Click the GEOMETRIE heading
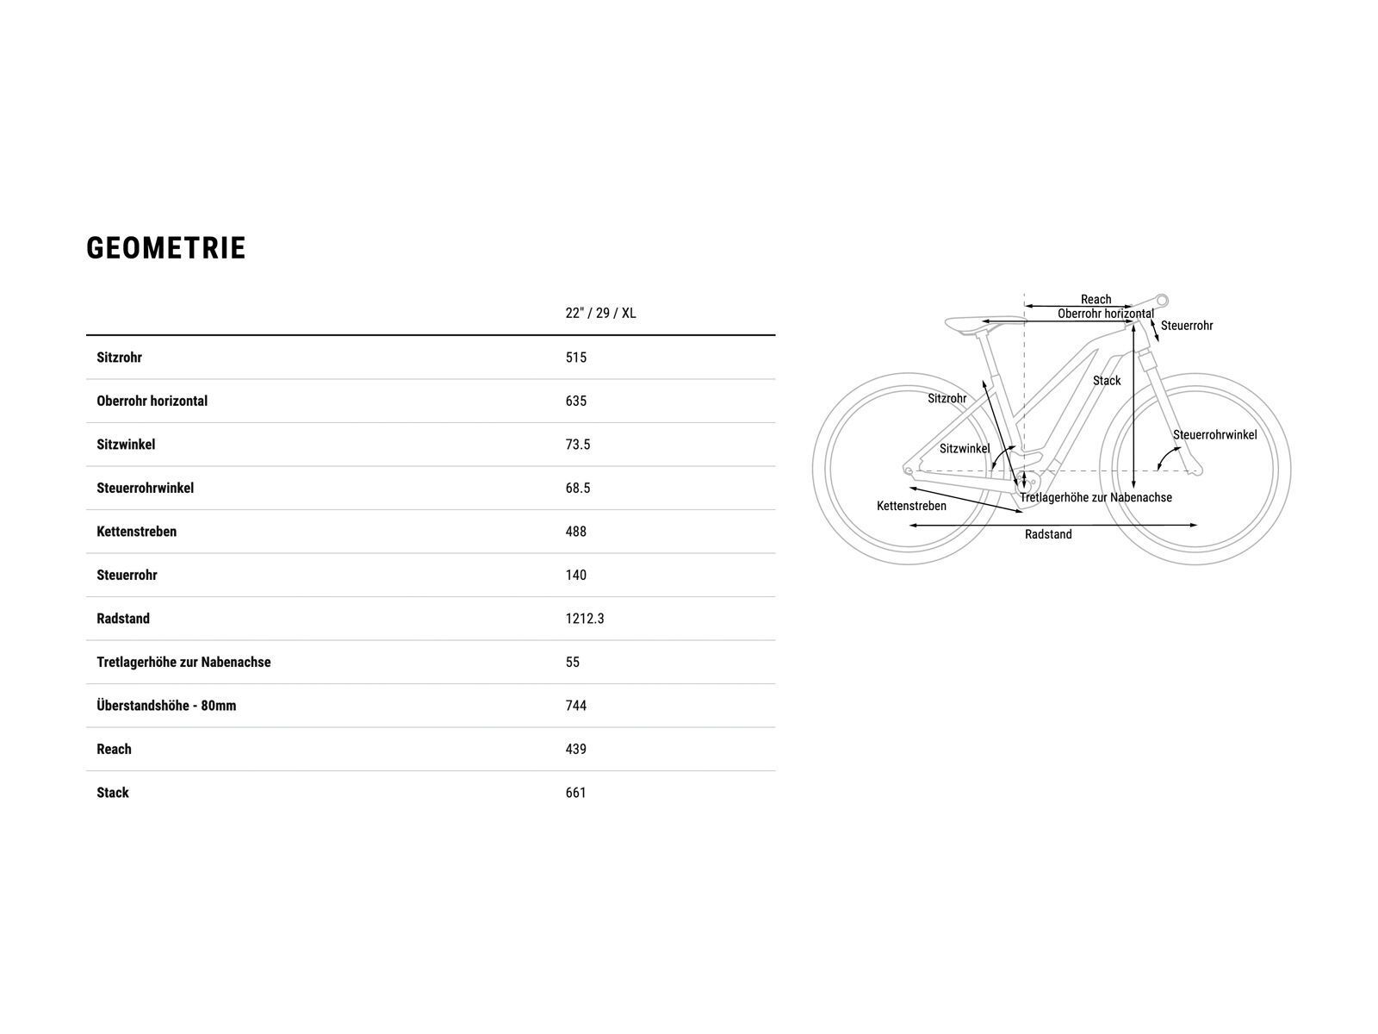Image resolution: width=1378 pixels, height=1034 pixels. (166, 248)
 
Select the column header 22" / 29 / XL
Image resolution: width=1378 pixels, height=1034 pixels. (600, 313)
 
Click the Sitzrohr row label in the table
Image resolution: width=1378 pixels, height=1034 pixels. (119, 358)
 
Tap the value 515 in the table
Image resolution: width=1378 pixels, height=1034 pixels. (576, 358)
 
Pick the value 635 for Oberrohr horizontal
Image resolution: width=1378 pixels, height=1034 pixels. (576, 401)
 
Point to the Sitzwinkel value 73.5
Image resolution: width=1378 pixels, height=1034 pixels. (578, 445)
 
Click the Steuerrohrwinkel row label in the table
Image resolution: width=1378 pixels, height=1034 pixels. (145, 488)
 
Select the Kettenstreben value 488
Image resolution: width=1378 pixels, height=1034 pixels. (576, 532)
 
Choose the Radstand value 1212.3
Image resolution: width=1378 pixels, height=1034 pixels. (585, 619)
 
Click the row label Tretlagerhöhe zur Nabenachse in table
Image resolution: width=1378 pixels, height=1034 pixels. (183, 662)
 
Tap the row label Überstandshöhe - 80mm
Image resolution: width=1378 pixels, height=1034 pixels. (166, 706)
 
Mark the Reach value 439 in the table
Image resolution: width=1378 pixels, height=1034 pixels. (576, 749)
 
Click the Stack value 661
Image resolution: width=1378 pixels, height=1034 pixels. (576, 793)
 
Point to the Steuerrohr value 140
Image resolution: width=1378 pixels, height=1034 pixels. (576, 575)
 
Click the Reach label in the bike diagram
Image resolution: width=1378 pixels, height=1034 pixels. (1096, 300)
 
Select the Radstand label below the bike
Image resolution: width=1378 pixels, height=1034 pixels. (1048, 534)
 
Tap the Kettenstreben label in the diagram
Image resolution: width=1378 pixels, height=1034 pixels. (911, 506)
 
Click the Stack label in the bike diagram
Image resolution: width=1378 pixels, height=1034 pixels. (1107, 381)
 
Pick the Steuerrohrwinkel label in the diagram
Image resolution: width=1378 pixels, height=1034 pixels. (1214, 435)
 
